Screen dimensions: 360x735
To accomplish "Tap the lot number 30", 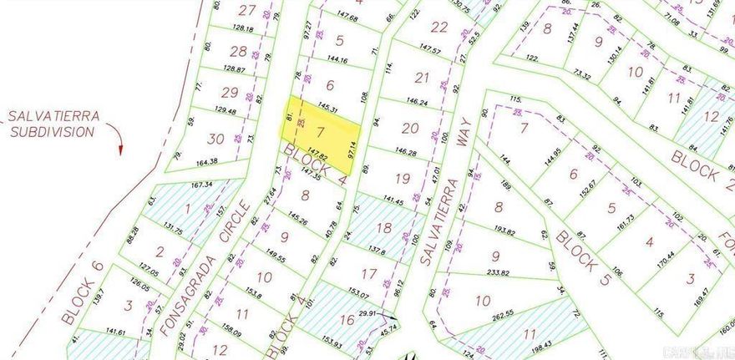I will coord(216,139).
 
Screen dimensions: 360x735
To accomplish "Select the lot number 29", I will coord(229,93).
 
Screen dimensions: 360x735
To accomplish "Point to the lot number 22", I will coord(438,27).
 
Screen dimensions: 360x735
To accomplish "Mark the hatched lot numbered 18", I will coord(383,227).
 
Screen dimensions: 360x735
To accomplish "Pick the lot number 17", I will coord(368,273).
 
